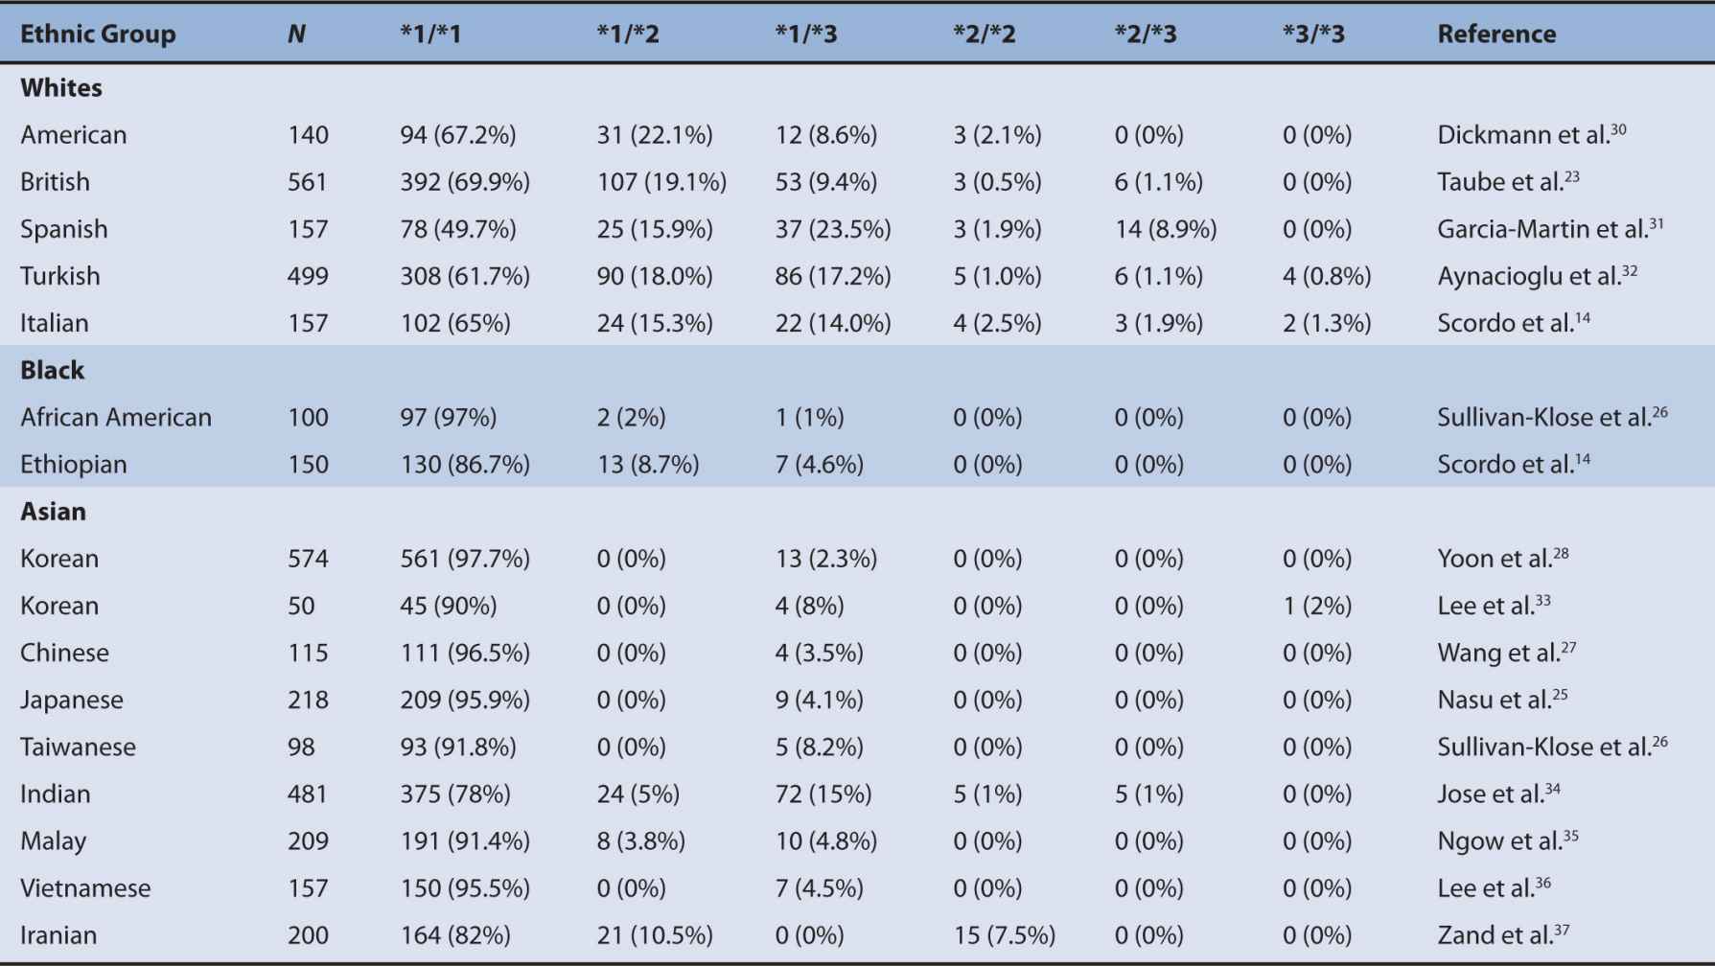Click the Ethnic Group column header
coord(98,34)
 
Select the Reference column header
coord(1495,34)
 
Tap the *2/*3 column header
coord(1146,34)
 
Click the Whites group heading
coord(61,88)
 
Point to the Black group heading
coord(53,371)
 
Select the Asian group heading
coord(54,512)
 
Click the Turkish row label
coord(60,277)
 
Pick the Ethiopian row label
coord(74,465)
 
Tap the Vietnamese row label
coord(85,888)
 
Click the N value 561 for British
coord(308,182)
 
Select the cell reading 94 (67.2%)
coord(458,135)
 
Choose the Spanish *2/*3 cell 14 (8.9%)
coord(1165,230)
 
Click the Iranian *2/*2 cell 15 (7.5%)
coord(1004,935)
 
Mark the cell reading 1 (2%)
coord(1317,607)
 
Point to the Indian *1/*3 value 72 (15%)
coord(823,794)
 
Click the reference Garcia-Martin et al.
coord(1549,230)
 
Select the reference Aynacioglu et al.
coord(1536,277)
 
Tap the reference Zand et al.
coord(1502,935)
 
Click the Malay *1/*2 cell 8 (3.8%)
coord(640,841)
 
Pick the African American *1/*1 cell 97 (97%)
coord(448,418)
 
